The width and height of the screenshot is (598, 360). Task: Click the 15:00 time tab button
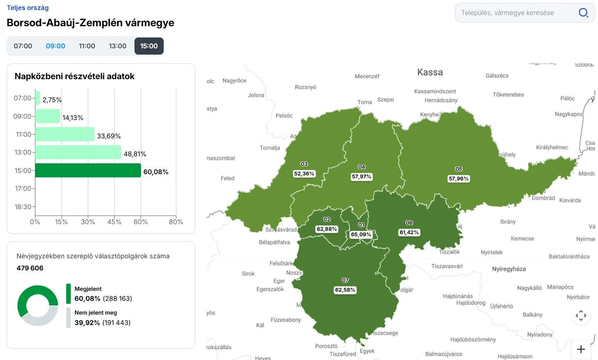(x=149, y=46)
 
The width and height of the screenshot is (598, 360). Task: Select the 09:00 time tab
(x=55, y=46)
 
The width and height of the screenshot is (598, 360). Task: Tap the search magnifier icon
(x=583, y=13)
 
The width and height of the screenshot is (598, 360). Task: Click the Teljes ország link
(x=28, y=8)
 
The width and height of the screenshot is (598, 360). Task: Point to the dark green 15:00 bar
(x=88, y=170)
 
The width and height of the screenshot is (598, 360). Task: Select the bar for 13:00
(x=78, y=152)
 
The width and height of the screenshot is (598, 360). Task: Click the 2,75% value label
(x=52, y=99)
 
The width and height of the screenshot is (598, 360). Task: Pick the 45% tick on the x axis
(x=115, y=222)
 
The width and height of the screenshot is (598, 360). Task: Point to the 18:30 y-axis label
(x=23, y=207)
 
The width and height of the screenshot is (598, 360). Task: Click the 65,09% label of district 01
(x=361, y=234)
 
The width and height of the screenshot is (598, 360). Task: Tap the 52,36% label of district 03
(x=304, y=174)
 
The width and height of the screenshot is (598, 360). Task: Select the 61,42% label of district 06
(x=409, y=232)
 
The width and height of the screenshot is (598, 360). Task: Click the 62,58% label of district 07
(x=345, y=290)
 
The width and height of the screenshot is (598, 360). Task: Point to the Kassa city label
(x=430, y=72)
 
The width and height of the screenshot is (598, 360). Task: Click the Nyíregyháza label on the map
(x=509, y=269)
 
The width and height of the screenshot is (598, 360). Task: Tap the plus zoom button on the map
(x=581, y=349)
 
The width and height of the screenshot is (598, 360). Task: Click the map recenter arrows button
(x=581, y=316)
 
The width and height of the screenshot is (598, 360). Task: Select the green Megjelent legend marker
(x=69, y=294)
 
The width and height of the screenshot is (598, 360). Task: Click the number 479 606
(x=30, y=268)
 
